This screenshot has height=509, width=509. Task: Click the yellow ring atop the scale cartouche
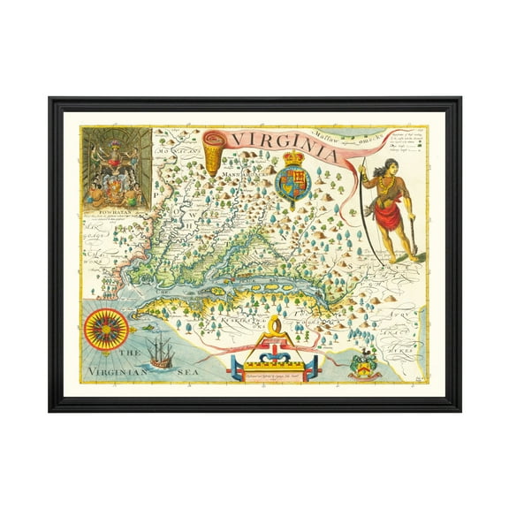[277, 330]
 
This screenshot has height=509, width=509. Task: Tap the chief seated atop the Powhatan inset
[116, 144]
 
